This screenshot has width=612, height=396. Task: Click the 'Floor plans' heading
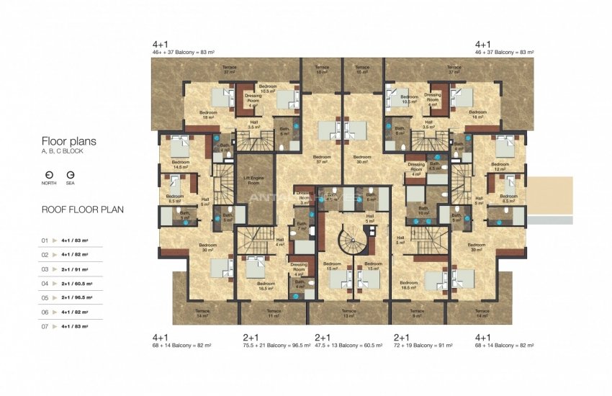coord(68,141)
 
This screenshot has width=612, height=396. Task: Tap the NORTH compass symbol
coord(48,175)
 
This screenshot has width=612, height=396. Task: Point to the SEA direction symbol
coord(71,175)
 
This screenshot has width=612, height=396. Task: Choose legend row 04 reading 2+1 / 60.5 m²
coord(74,283)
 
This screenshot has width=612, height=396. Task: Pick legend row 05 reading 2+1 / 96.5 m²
coord(74,297)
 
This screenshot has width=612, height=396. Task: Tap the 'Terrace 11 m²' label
coord(274,315)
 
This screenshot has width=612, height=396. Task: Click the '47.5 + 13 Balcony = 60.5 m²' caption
coord(348,346)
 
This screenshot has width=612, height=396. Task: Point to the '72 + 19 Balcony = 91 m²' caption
coord(423,346)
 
